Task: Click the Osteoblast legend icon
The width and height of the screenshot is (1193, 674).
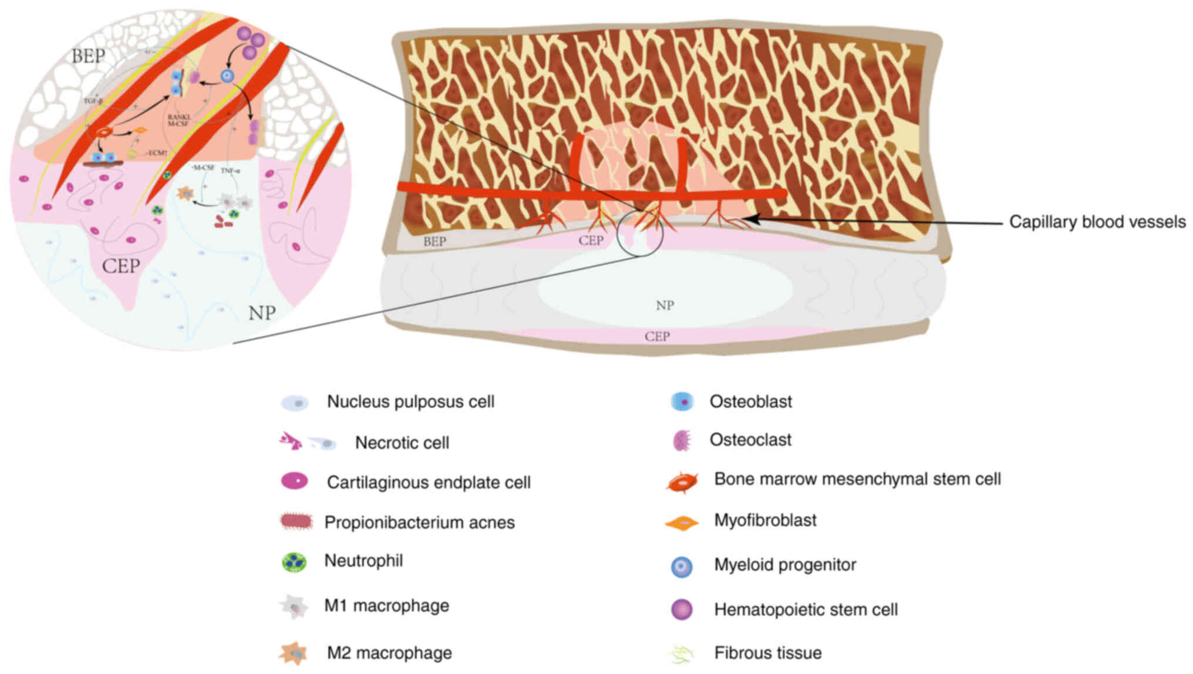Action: coord(682,402)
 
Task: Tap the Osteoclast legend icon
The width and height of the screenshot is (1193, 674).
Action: coord(682,440)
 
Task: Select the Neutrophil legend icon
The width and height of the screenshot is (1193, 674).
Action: coord(294,562)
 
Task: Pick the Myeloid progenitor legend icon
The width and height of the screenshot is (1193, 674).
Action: coord(682,567)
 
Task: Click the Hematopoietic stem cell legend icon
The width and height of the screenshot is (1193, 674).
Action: coord(682,609)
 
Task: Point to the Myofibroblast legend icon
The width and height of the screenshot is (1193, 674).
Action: coord(682,522)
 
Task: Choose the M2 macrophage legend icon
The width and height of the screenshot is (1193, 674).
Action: coord(293,653)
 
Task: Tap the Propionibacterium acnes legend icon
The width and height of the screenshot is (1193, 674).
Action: coord(296,521)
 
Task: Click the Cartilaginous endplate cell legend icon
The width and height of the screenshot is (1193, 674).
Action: coord(295,481)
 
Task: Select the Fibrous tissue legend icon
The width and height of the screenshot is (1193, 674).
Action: coord(682,653)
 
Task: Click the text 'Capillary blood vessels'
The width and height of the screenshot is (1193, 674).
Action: coord(1097,222)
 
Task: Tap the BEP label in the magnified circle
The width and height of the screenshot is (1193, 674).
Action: coord(89,56)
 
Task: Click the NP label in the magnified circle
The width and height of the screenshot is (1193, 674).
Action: coord(262,313)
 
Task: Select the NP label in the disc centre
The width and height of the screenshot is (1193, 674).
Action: coord(665,305)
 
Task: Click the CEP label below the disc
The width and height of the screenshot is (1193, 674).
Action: coord(657,337)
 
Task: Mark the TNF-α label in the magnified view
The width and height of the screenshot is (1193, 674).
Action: coord(230,171)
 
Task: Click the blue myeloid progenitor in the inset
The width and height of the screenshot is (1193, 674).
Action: coord(227,76)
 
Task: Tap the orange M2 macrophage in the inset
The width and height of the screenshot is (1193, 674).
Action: coord(186,192)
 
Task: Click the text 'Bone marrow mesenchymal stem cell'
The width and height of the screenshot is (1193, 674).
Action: coord(857,479)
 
